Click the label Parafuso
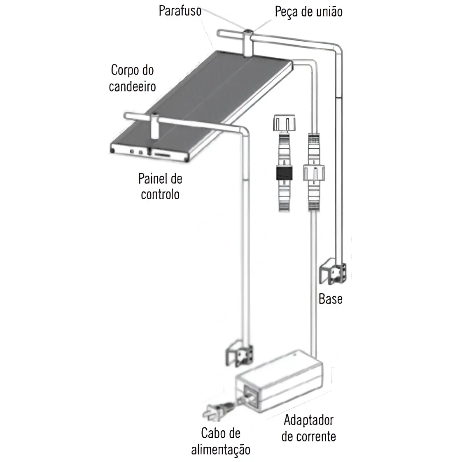pos(180,11)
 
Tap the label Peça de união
pos(308,12)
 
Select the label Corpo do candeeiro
pos(132,78)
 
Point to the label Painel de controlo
pos(160,187)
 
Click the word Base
pos(330,299)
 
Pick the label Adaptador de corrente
pos(308,428)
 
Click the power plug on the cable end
pos(217,410)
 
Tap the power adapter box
pos(279,381)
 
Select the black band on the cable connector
pos(285,173)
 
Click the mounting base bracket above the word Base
pos(333,272)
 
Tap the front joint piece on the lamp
pos(154,127)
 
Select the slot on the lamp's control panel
pos(162,154)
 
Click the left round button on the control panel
pos(132,152)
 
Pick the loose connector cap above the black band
pos(285,123)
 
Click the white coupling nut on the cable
pos(314,173)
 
